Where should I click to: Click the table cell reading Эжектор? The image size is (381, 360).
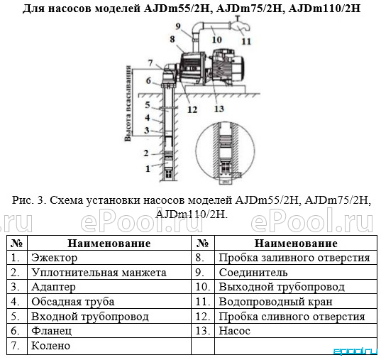click(x=109, y=257)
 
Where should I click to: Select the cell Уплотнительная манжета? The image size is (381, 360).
click(x=109, y=272)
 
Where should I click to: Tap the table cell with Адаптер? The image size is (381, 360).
click(x=109, y=287)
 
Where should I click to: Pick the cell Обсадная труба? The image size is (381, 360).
click(x=109, y=301)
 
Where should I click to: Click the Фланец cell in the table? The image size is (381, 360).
click(x=109, y=331)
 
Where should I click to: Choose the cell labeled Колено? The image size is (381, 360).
click(x=109, y=345)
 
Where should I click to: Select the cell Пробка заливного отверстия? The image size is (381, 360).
click(x=296, y=257)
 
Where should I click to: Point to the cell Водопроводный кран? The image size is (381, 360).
click(x=296, y=301)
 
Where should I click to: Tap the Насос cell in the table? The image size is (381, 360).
click(x=296, y=331)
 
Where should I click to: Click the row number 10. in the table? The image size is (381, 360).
click(x=203, y=287)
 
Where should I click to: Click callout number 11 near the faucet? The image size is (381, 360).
click(x=246, y=41)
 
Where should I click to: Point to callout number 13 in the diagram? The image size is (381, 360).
click(x=219, y=109)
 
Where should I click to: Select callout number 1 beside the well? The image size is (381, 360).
click(x=148, y=168)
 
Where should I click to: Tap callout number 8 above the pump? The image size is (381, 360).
click(x=172, y=39)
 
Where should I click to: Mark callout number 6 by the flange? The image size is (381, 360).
click(x=148, y=80)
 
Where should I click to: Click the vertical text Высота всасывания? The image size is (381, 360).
click(x=128, y=104)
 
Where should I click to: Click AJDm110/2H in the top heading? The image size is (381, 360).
click(x=325, y=9)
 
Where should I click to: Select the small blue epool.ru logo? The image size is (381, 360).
click(x=355, y=351)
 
